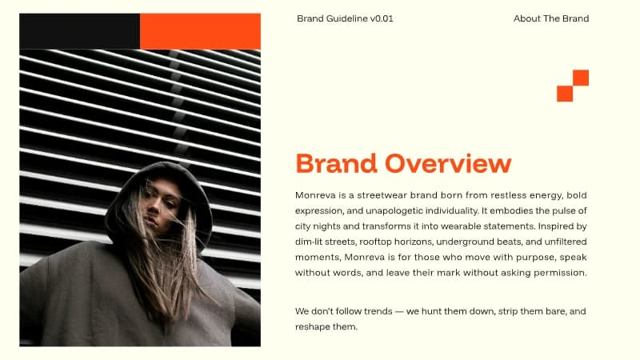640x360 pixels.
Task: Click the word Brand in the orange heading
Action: coord(337,163)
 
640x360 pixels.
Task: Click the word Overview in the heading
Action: coord(447,163)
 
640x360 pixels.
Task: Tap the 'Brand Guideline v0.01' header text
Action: coord(345,18)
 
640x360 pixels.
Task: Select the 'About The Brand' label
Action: coord(551,18)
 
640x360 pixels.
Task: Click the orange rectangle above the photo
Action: coord(200,31)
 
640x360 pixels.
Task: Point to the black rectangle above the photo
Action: coord(79,31)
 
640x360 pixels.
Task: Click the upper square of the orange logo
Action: coord(581,78)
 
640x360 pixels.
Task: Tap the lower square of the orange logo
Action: coord(565,94)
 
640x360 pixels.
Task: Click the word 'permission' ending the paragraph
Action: coord(559,273)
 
